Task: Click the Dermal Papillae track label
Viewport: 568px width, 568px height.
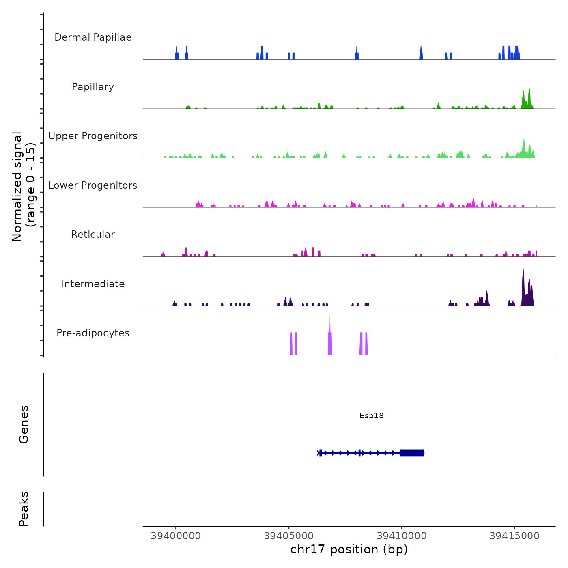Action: coord(93,37)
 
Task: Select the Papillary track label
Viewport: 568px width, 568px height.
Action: coord(93,87)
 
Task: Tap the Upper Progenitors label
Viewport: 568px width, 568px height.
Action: coord(93,136)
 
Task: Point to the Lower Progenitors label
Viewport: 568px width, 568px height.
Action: coord(93,185)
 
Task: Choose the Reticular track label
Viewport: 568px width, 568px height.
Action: coord(93,235)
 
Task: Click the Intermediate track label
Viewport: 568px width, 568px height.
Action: coord(93,284)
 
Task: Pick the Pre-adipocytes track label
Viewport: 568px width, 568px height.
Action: coord(93,333)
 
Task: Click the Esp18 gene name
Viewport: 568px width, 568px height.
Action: coord(371,415)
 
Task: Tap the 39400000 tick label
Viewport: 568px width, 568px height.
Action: coord(176,536)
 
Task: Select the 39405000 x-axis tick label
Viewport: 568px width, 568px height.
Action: coord(289,536)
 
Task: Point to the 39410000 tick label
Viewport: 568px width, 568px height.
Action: coord(402,536)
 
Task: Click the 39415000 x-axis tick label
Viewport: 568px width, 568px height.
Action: coord(514,536)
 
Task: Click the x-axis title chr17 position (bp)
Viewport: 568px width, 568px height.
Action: coord(349,549)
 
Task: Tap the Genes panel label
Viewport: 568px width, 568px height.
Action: coord(24,424)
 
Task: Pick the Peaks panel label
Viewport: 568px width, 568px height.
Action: coord(24,509)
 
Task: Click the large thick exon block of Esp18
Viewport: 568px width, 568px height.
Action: coord(412,453)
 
